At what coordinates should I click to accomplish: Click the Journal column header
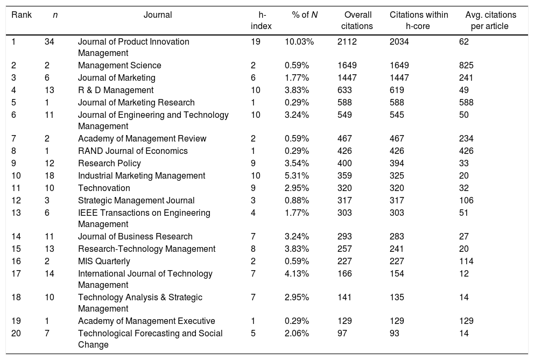[158, 15]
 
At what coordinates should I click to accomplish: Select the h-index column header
[263, 20]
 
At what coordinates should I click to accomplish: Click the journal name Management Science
[120, 66]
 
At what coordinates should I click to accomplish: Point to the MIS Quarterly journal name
[104, 262]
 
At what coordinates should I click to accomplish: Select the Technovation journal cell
[104, 188]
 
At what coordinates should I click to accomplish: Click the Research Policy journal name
[109, 163]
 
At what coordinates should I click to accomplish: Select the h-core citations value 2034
[400, 42]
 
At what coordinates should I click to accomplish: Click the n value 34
[50, 42]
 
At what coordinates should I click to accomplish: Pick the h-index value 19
[256, 42]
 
